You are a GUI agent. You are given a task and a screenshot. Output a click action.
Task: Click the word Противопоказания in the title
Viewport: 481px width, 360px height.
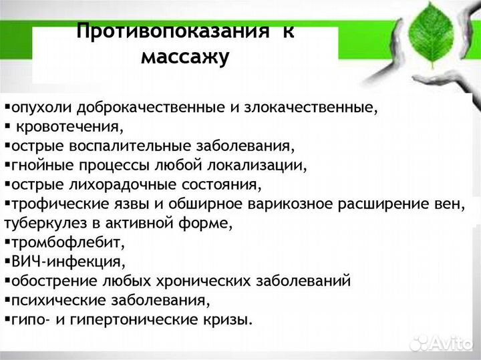click(x=172, y=31)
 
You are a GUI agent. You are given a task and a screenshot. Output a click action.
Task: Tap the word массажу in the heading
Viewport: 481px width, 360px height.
click(x=185, y=57)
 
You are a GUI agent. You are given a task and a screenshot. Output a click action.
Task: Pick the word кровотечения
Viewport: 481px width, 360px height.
click(x=69, y=126)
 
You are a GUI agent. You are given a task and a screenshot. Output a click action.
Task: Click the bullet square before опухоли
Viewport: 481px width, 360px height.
click(x=6, y=106)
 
